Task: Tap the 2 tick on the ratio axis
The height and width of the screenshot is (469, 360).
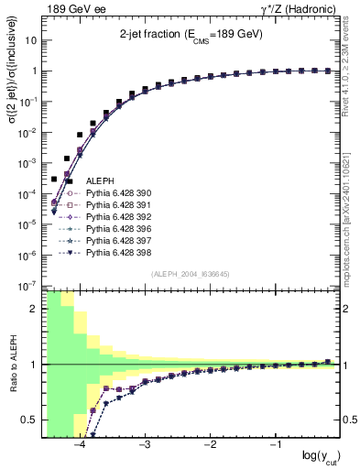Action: pos(36,309)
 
